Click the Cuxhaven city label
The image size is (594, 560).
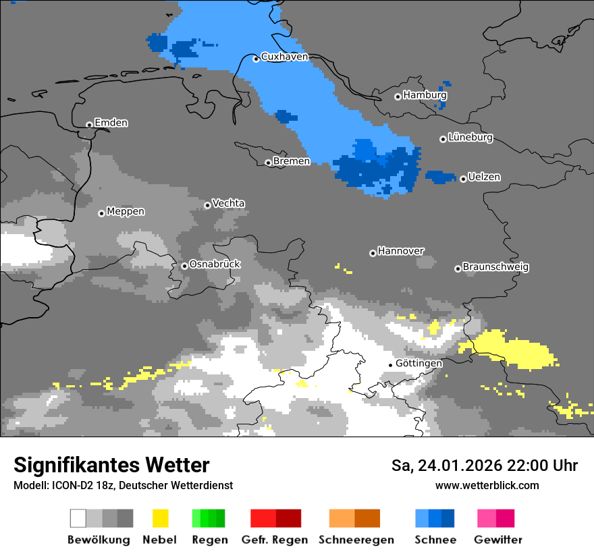click(x=284, y=57)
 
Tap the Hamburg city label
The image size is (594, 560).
click(x=425, y=95)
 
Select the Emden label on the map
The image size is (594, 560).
click(x=111, y=123)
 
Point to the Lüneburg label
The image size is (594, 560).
click(x=470, y=138)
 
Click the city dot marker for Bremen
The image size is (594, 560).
click(x=268, y=163)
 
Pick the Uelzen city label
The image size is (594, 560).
click(x=484, y=177)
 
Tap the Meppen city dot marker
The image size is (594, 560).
click(x=101, y=213)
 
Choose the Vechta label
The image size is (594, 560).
click(x=228, y=203)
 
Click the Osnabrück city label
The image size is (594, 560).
click(x=215, y=264)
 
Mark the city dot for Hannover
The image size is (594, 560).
click(x=373, y=253)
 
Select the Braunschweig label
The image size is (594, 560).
click(x=495, y=267)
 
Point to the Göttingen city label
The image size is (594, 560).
click(x=418, y=363)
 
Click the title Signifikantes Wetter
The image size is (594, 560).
click(x=111, y=465)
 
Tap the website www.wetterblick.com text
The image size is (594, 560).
click(x=487, y=485)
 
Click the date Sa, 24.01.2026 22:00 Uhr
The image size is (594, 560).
click(x=484, y=466)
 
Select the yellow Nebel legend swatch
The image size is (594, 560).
click(x=161, y=518)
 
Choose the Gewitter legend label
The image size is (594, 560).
click(x=498, y=540)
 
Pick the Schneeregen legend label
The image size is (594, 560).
click(x=356, y=540)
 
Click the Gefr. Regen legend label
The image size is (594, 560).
click(x=275, y=540)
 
